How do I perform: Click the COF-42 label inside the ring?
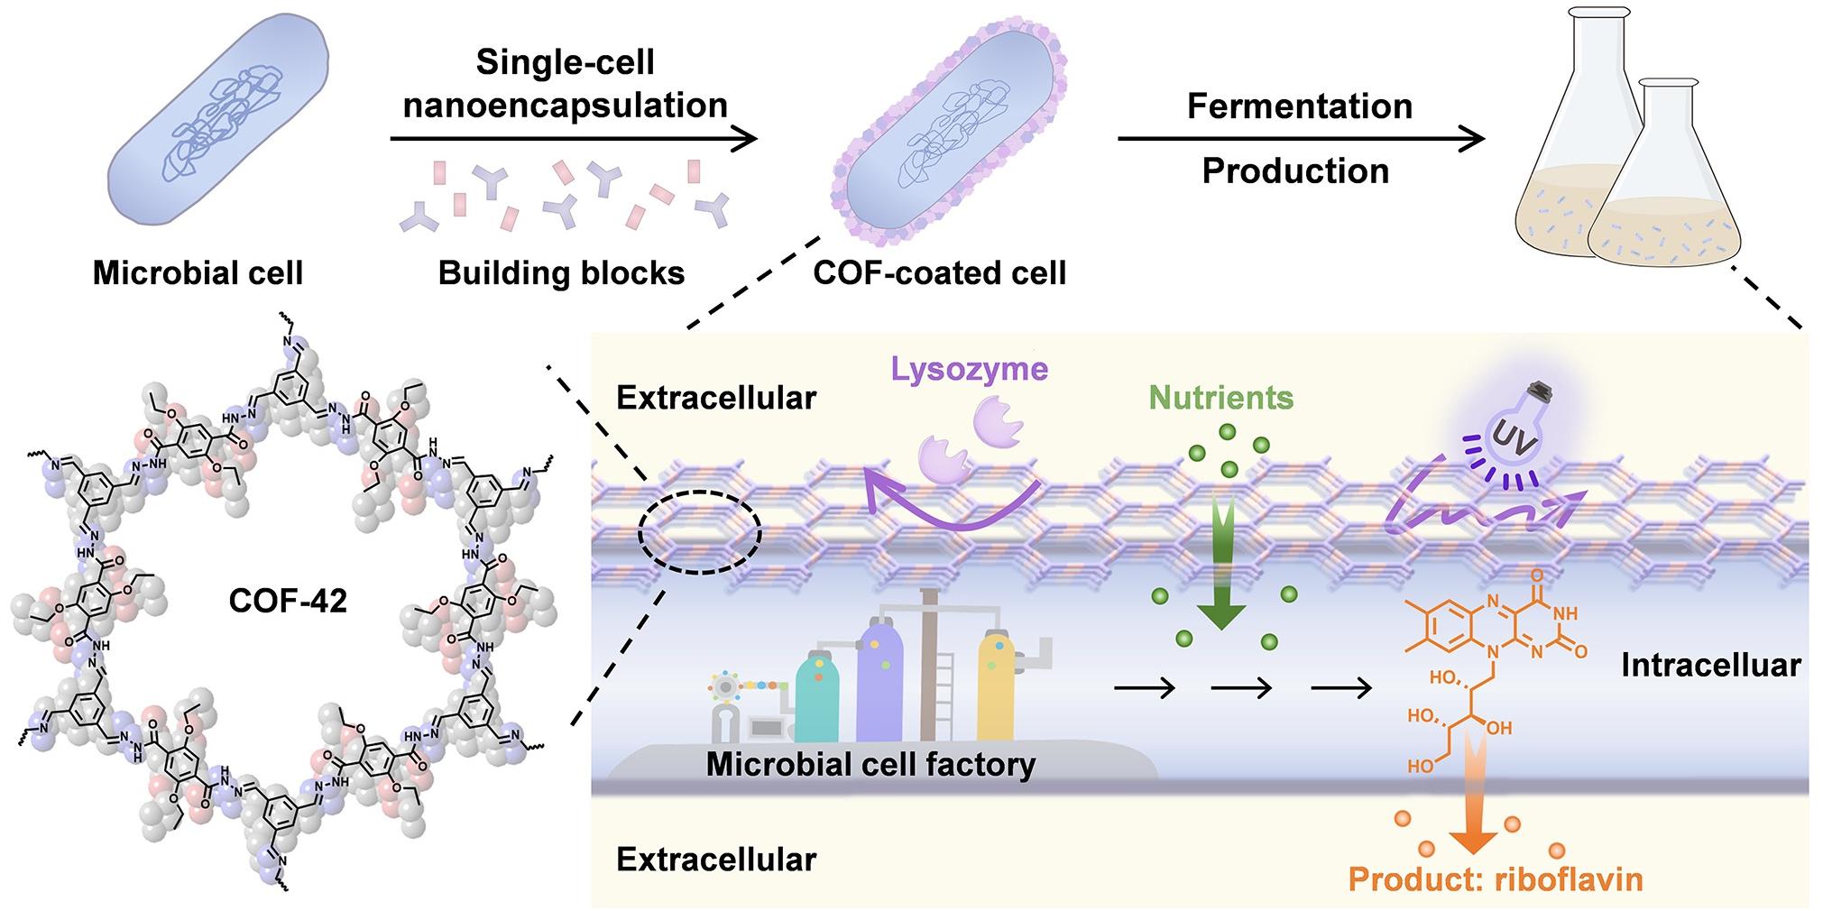pos(288,601)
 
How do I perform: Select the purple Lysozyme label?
pos(969,369)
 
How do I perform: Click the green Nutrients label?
pos(1221,398)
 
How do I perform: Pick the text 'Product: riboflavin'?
pos(1496,879)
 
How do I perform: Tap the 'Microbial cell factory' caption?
pos(870,765)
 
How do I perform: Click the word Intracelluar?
pos(1710,666)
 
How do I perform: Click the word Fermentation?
pos(1299,106)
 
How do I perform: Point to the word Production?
pos(1295,170)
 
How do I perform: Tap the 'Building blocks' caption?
pos(561,272)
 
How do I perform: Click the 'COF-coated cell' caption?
pos(939,272)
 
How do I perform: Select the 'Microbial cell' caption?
pos(198,272)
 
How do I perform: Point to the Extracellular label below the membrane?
pos(716,860)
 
